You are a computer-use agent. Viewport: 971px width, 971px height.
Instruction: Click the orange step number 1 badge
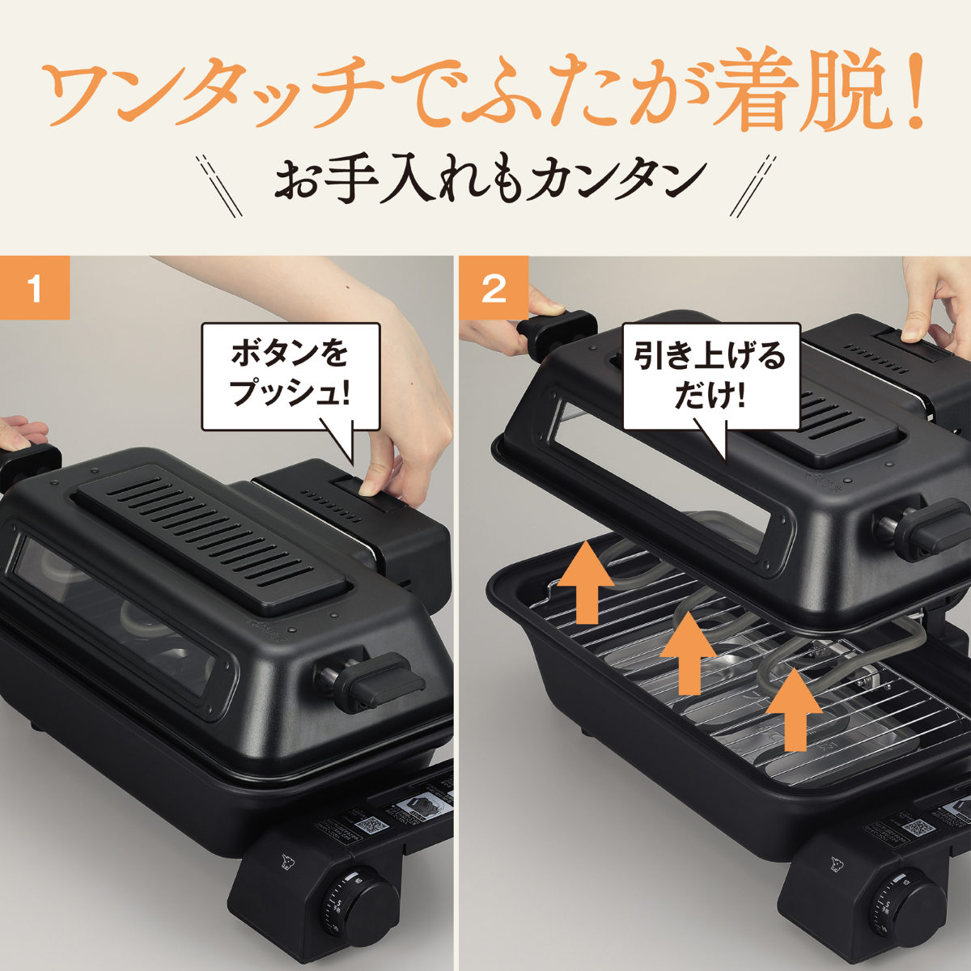pyautogui.click(x=34, y=289)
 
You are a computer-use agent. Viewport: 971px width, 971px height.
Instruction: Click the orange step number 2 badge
pyautogui.click(x=493, y=289)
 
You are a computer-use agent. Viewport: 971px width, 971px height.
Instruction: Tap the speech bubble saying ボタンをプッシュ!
pyautogui.click(x=290, y=375)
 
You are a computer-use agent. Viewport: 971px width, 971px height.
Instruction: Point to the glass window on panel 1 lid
pyautogui.click(x=113, y=615)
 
